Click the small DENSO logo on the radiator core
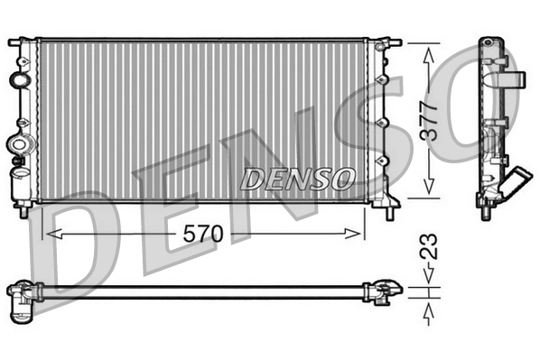[296, 178]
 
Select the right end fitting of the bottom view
[383, 291]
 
